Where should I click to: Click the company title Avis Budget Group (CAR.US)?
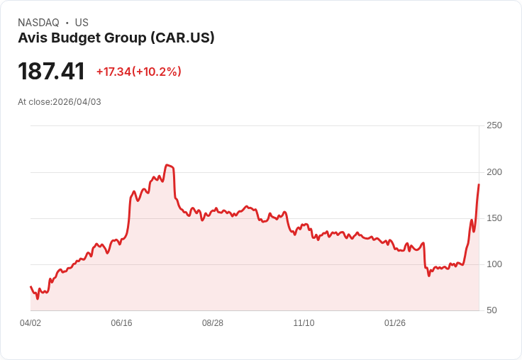[116, 38]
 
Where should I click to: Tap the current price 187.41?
[51, 71]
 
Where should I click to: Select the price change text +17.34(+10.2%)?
[139, 72]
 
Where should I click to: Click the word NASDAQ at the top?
[38, 22]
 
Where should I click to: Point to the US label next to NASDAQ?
[82, 22]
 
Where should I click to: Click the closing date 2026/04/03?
[77, 102]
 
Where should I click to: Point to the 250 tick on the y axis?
[494, 125]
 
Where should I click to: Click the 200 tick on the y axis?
[494, 172]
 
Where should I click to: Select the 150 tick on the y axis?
[494, 218]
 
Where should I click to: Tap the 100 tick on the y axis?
[494, 264]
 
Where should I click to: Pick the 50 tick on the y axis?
[492, 310]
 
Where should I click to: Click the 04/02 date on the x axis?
[30, 323]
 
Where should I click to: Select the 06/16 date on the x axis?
[121, 323]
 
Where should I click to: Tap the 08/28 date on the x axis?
[213, 323]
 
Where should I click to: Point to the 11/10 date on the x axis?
[304, 323]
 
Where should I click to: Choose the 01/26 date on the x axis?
[395, 323]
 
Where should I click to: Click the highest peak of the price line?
[167, 165]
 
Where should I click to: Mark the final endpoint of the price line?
[479, 184]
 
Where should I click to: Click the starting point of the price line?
[30, 286]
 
